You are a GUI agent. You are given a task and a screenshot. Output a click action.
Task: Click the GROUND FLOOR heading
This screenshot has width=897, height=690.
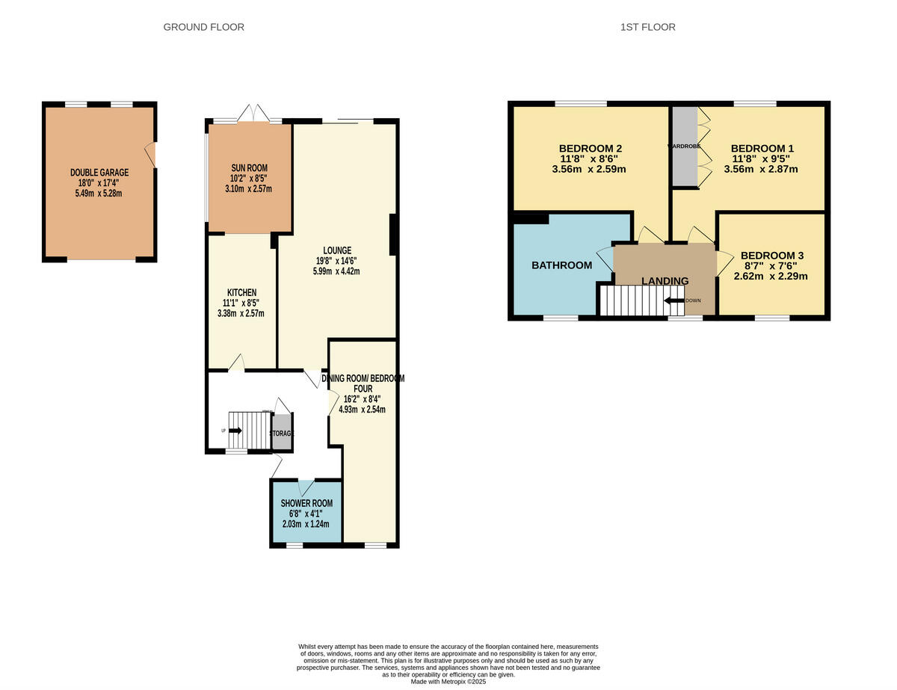coord(203,28)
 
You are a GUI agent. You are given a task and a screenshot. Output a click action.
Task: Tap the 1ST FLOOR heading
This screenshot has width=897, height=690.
coord(647,28)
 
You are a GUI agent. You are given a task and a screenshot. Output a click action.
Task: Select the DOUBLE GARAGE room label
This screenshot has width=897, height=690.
coord(99,173)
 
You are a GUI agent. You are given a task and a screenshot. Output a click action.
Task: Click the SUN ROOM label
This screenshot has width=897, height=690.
coord(250,167)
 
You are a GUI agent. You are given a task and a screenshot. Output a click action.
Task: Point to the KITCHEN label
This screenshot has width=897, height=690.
coord(242,292)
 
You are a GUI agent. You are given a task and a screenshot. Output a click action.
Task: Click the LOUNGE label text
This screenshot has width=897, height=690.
coord(336,250)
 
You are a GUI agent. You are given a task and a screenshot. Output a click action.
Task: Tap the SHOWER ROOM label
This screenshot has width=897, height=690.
coord(306,503)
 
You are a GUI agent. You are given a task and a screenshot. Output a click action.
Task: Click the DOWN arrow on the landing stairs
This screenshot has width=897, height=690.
coord(673,301)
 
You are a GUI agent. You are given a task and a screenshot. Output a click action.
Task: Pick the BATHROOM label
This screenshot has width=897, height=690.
coord(561,265)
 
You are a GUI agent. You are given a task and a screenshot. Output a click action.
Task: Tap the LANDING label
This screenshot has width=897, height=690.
coord(665,281)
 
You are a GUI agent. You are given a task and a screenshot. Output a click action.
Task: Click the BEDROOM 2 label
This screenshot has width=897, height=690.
coord(591,148)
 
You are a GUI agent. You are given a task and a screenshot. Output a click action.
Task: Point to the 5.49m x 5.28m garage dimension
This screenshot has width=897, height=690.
coord(99,194)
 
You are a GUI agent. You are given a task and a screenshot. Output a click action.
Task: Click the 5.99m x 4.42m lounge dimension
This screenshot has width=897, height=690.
coord(336,271)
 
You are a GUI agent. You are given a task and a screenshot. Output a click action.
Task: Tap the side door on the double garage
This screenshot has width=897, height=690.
coord(152,155)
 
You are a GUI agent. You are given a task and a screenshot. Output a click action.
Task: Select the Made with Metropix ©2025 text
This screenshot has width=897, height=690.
coord(449,682)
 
